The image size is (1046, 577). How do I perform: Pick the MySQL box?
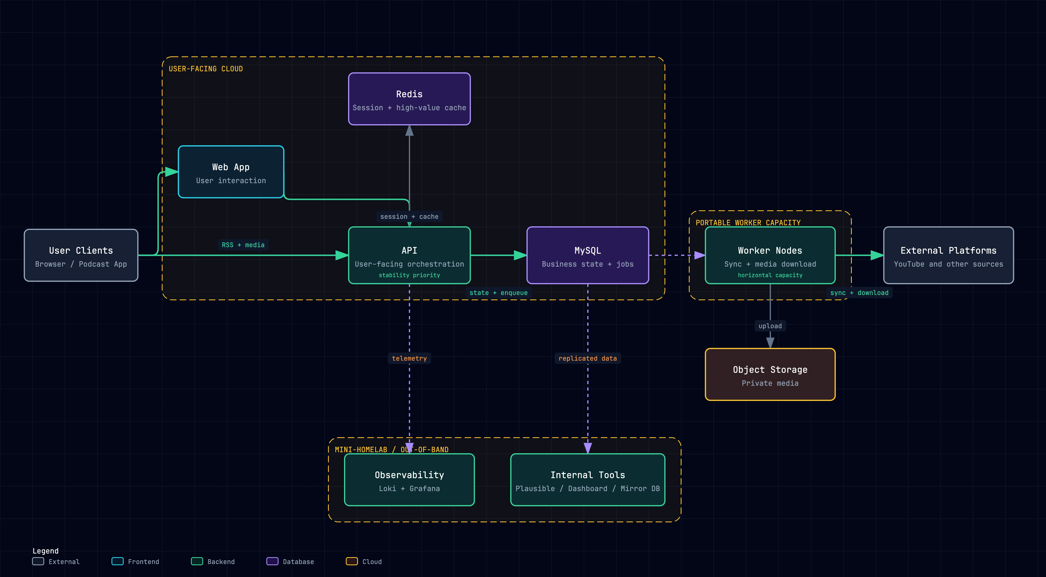point(587,255)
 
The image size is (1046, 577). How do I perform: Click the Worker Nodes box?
point(770,255)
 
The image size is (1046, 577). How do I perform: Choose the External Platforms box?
point(948,255)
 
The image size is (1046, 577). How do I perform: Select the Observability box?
point(409,480)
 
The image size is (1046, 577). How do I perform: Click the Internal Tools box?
point(587,480)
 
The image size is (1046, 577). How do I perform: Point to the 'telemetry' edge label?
point(409,358)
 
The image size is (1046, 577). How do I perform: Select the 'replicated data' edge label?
point(587,358)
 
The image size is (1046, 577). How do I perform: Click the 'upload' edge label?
point(770,326)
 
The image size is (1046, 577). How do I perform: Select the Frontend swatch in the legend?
point(117,561)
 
